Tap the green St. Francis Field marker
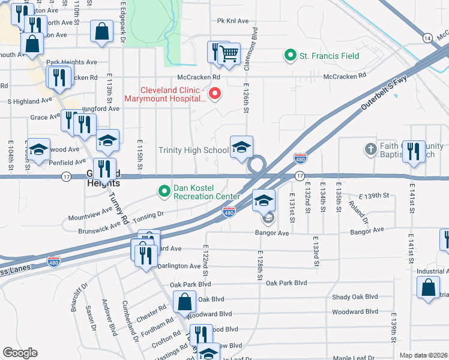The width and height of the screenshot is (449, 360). [x=291, y=56]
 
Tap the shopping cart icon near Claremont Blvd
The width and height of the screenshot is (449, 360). [x=229, y=55]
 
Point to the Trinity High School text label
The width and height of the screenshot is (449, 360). [x=193, y=150]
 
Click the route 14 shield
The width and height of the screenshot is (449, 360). [x=427, y=37]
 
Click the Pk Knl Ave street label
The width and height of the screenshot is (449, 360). [x=233, y=21]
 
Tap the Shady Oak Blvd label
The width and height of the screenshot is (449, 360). [x=355, y=297]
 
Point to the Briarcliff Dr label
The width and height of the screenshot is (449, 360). [x=84, y=295]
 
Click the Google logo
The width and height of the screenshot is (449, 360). [x=20, y=352]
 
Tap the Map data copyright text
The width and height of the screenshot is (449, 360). [x=424, y=355]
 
